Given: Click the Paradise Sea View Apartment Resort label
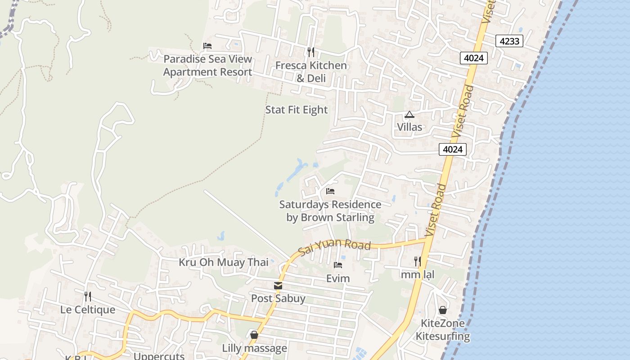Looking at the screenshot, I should [x=207, y=66].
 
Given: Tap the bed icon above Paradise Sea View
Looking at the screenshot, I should [x=207, y=46].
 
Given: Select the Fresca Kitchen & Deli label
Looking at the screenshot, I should [x=311, y=72].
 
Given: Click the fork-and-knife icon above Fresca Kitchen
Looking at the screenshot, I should [x=310, y=52].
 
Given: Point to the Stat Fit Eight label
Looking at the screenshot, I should [x=297, y=110].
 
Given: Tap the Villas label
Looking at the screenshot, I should [x=409, y=127].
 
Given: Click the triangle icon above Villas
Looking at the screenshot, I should [x=409, y=115].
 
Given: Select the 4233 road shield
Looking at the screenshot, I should [x=509, y=41].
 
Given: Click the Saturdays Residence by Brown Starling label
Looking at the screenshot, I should [x=330, y=211].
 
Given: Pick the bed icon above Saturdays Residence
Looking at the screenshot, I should [x=330, y=191].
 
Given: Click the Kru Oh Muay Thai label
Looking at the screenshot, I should [x=224, y=262].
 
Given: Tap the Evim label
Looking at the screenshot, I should [x=338, y=279].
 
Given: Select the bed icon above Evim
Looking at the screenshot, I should [x=338, y=265].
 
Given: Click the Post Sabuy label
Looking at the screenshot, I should [x=278, y=298].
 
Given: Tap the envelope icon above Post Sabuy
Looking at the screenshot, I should [x=278, y=286].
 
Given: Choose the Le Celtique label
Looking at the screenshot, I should [x=88, y=310].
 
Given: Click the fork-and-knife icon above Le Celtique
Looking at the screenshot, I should [x=88, y=297].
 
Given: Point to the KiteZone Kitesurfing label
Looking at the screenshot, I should [x=443, y=329].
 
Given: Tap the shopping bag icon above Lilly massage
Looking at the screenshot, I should [x=254, y=335].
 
